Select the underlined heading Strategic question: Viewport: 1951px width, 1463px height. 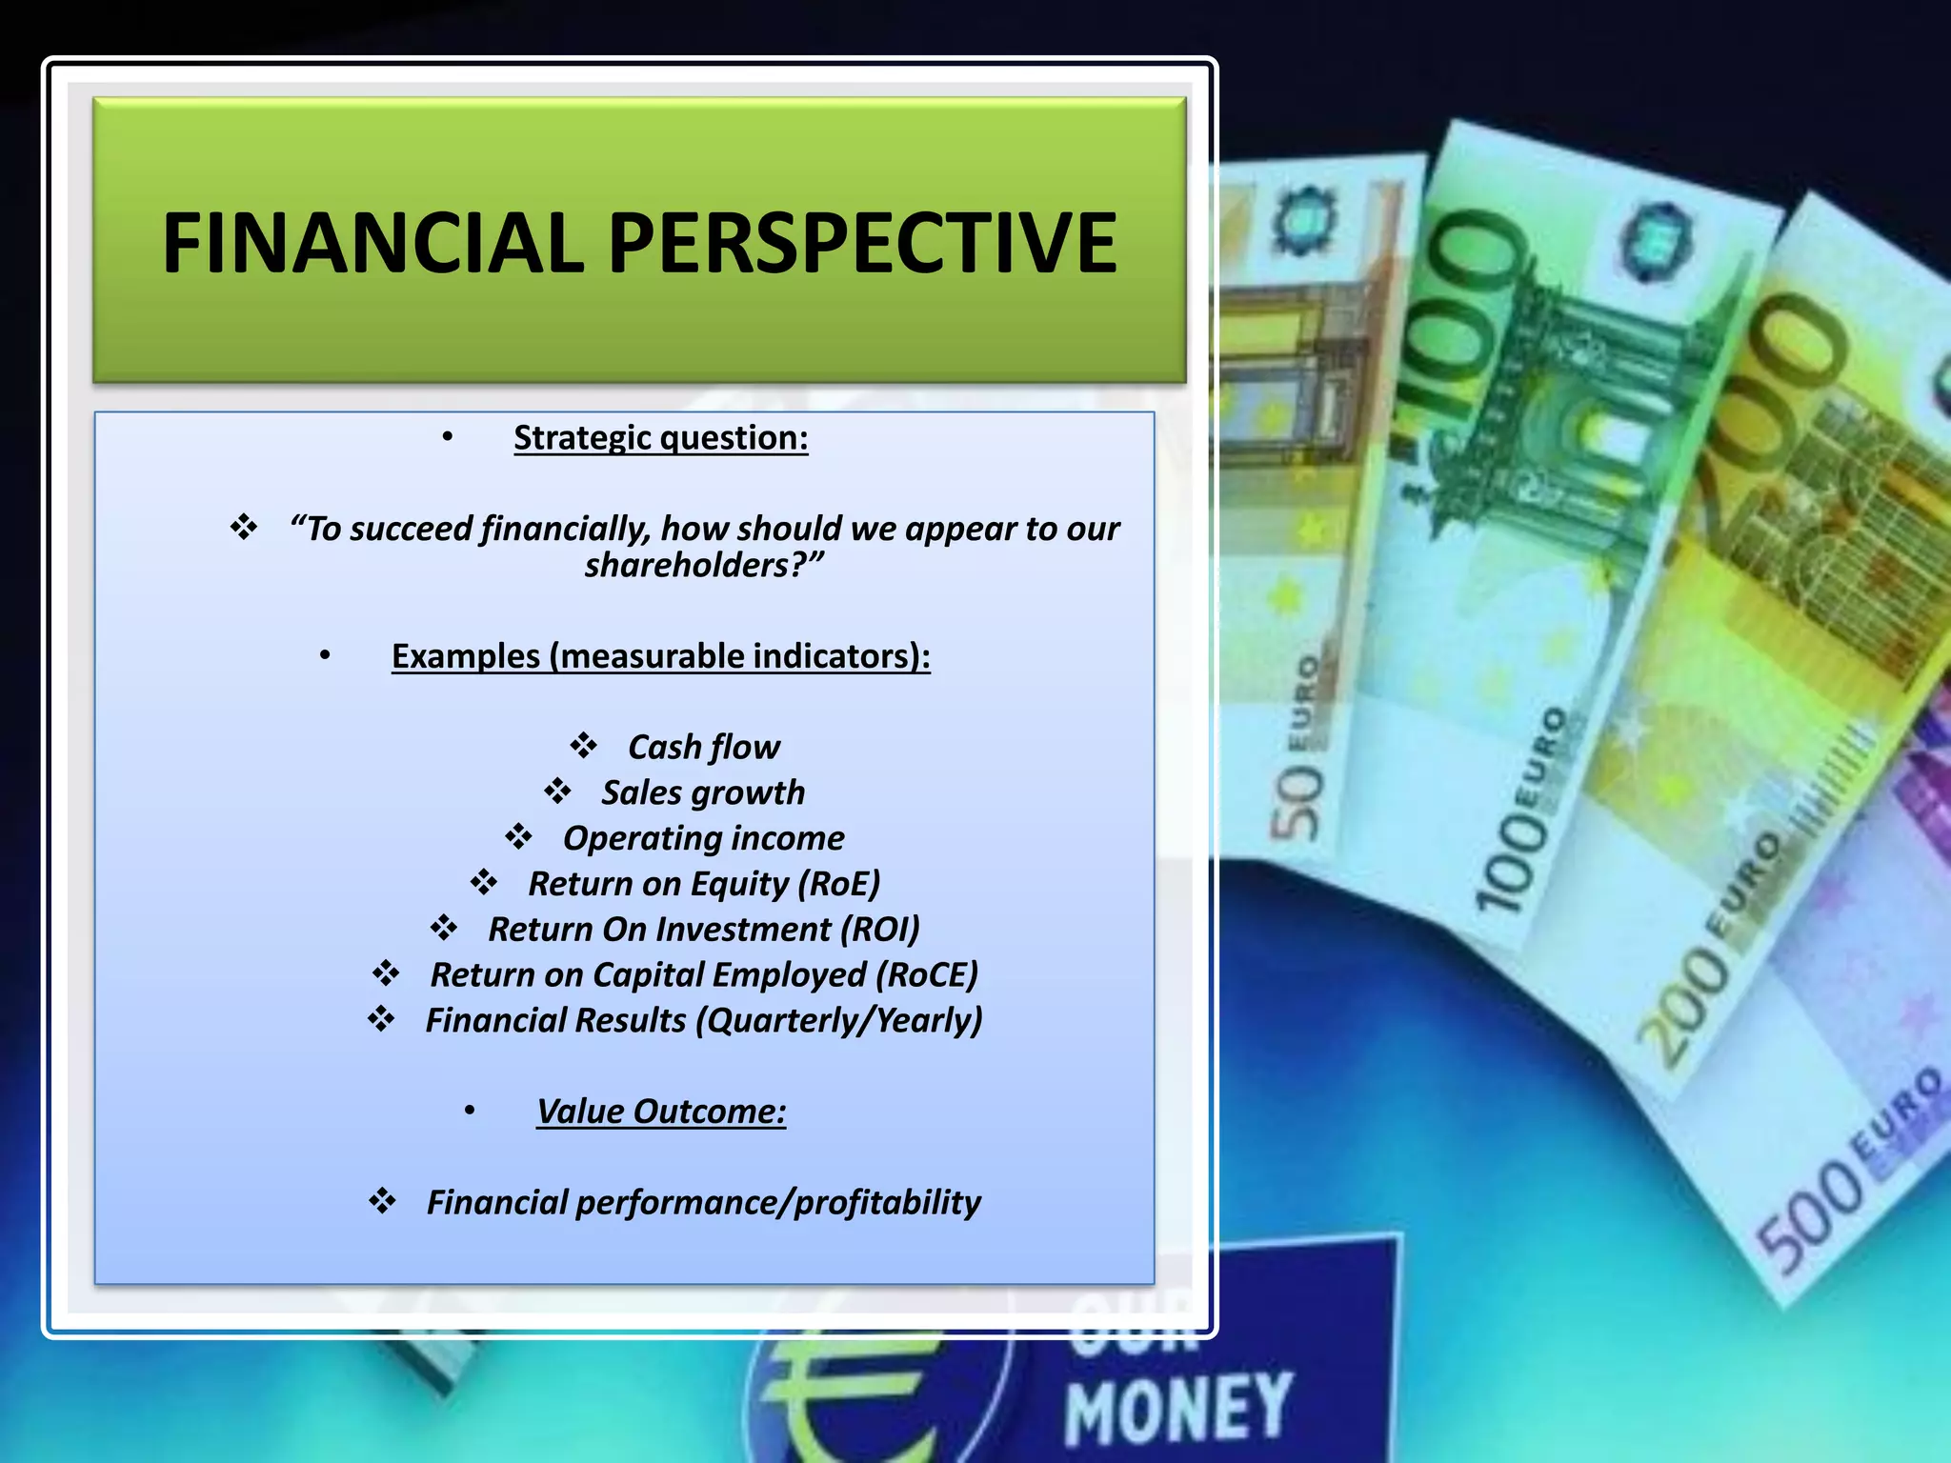pos(660,438)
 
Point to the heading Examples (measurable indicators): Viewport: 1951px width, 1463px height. pos(660,656)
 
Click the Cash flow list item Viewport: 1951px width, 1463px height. pos(703,748)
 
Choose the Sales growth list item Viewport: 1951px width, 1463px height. pos(703,792)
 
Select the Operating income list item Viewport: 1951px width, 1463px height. pos(703,838)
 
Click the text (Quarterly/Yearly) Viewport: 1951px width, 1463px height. pos(838,1021)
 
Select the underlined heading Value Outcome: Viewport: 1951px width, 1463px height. pos(660,1112)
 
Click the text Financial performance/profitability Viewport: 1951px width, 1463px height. pos(703,1203)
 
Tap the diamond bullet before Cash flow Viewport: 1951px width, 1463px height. pos(583,745)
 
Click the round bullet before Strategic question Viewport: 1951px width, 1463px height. pos(447,437)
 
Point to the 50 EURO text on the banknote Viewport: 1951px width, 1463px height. pos(1299,752)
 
